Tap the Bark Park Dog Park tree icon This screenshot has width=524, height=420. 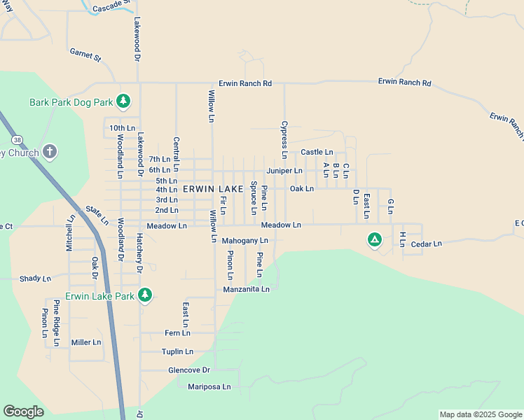[123, 101]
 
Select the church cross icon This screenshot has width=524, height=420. [49, 151]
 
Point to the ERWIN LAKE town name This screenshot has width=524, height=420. [213, 190]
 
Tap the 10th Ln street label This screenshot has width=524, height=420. [121, 128]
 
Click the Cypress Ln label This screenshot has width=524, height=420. [284, 139]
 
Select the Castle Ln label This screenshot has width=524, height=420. [317, 152]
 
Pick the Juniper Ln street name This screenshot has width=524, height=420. [284, 171]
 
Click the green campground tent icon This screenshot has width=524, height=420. [375, 240]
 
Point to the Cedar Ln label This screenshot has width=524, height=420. [427, 244]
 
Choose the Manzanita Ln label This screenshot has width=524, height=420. [246, 289]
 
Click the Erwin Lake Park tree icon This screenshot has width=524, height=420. [145, 295]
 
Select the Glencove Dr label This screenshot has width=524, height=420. [189, 370]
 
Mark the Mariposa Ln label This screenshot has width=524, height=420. [204, 386]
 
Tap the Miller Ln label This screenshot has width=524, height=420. [86, 342]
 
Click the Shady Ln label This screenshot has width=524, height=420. [36, 279]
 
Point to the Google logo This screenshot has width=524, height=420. [23, 412]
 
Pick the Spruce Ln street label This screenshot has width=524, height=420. [254, 199]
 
